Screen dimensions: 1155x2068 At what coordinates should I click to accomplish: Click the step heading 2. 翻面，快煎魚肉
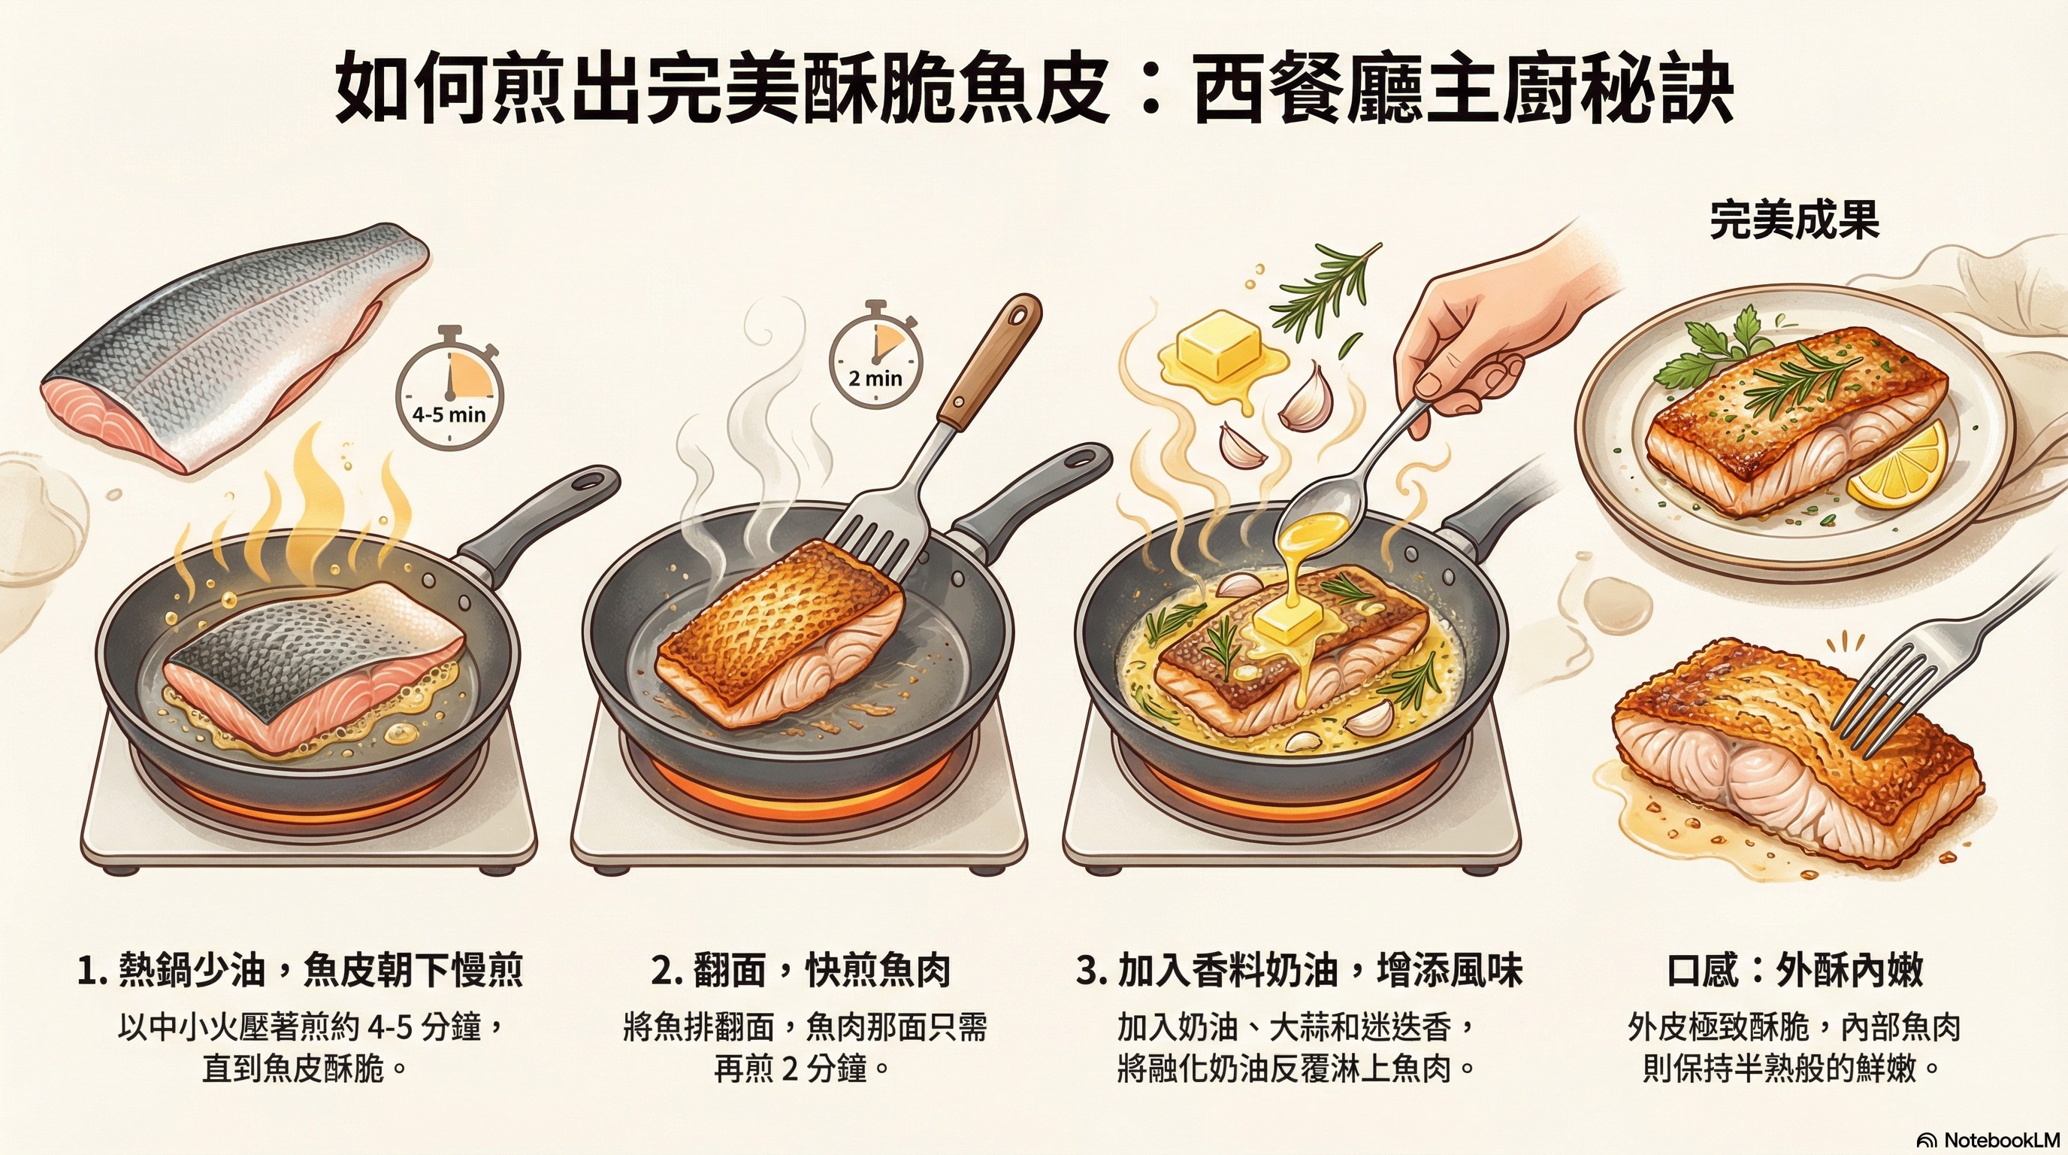pyautogui.click(x=800, y=969)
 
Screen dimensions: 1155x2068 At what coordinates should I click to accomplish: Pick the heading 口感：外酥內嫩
pyautogui.click(x=1794, y=969)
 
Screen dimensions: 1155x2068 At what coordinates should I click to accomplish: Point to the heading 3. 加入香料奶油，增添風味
pyautogui.click(x=1299, y=969)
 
